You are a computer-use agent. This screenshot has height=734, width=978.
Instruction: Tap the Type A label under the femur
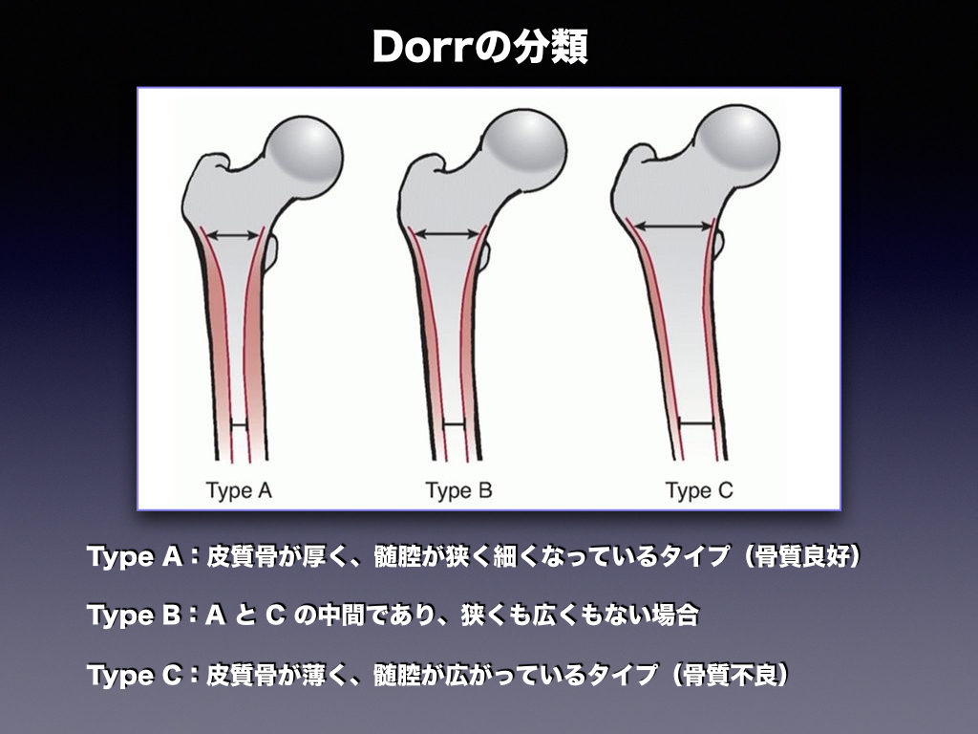240,491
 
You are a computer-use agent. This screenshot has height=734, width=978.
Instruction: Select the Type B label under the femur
458,491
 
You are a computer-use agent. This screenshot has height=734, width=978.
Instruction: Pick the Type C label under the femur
699,491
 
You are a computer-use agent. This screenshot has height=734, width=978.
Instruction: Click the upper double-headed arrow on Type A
234,233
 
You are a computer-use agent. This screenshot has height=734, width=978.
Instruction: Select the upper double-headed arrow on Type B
448,233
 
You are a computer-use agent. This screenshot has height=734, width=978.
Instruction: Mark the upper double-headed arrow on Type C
673,227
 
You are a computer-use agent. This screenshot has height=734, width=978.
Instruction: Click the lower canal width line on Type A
239,425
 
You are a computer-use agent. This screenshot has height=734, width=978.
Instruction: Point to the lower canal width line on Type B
455,424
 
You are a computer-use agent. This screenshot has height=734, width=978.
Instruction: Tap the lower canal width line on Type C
696,423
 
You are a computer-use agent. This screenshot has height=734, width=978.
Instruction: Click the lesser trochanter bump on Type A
271,250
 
